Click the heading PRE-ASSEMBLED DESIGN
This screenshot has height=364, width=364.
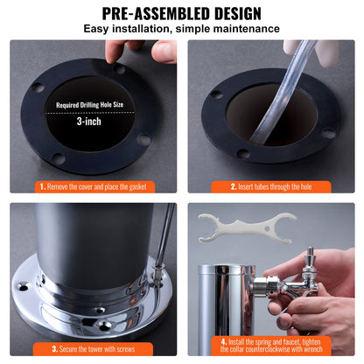point(182,13)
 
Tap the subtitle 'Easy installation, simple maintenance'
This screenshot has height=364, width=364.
point(182,29)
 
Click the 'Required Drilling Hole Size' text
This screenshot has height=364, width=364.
point(90,104)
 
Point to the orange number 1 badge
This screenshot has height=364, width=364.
point(41,186)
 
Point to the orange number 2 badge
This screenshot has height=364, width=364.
point(233,186)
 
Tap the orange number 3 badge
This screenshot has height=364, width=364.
point(41,346)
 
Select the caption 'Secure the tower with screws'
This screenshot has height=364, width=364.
point(93,346)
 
